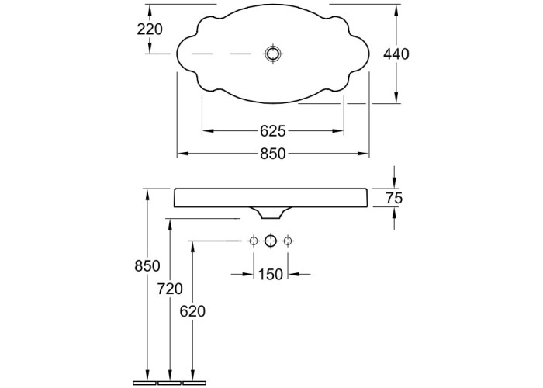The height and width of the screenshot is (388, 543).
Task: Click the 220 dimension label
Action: (x=150, y=29)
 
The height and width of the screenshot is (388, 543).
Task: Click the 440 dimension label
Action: (x=396, y=54)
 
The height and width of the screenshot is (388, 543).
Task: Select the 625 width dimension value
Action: (x=273, y=131)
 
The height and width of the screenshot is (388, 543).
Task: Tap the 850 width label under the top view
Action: (x=273, y=154)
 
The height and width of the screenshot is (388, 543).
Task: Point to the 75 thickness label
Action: (x=394, y=198)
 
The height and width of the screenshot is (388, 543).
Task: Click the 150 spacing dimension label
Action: (x=271, y=275)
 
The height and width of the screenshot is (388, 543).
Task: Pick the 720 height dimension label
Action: (x=170, y=289)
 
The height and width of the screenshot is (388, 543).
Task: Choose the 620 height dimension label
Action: (x=192, y=311)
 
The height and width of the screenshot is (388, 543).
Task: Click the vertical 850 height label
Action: (x=147, y=266)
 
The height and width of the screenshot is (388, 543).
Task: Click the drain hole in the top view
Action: (x=273, y=54)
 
